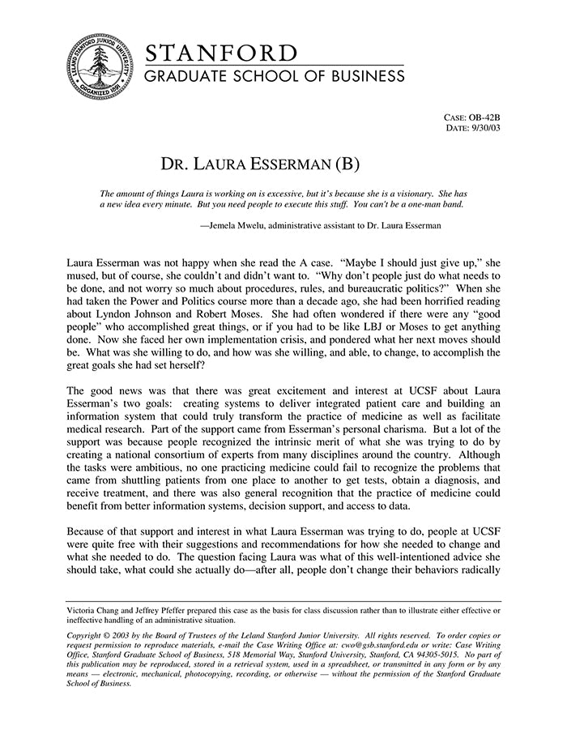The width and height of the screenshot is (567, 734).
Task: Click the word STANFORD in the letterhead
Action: (x=221, y=53)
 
